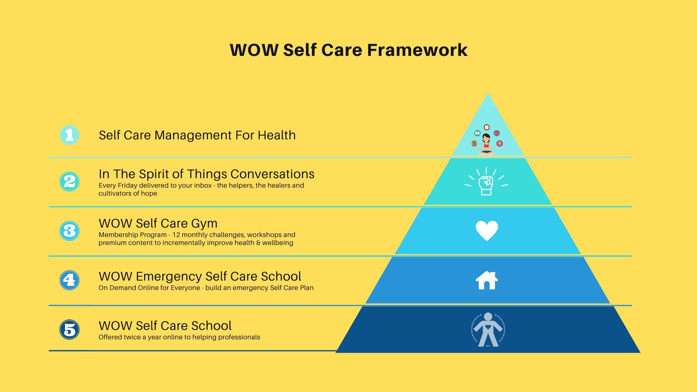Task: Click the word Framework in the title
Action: [x=417, y=50]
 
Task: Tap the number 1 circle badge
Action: [x=69, y=135]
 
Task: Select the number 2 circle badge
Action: [x=69, y=181]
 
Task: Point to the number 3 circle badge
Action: [x=69, y=231]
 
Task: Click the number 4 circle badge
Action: [x=69, y=280]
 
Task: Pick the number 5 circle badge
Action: [x=69, y=330]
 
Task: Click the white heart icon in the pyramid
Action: [x=487, y=230]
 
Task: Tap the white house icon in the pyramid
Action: [x=487, y=280]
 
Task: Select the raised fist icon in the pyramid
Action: [x=486, y=181]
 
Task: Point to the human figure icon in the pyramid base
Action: [x=488, y=330]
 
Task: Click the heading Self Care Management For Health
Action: [x=197, y=135]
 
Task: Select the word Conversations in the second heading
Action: [x=272, y=174]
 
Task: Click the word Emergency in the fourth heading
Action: [x=169, y=277]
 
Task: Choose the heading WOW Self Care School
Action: [x=165, y=326]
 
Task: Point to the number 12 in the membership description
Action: [x=176, y=235]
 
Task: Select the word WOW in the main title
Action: [x=254, y=50]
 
